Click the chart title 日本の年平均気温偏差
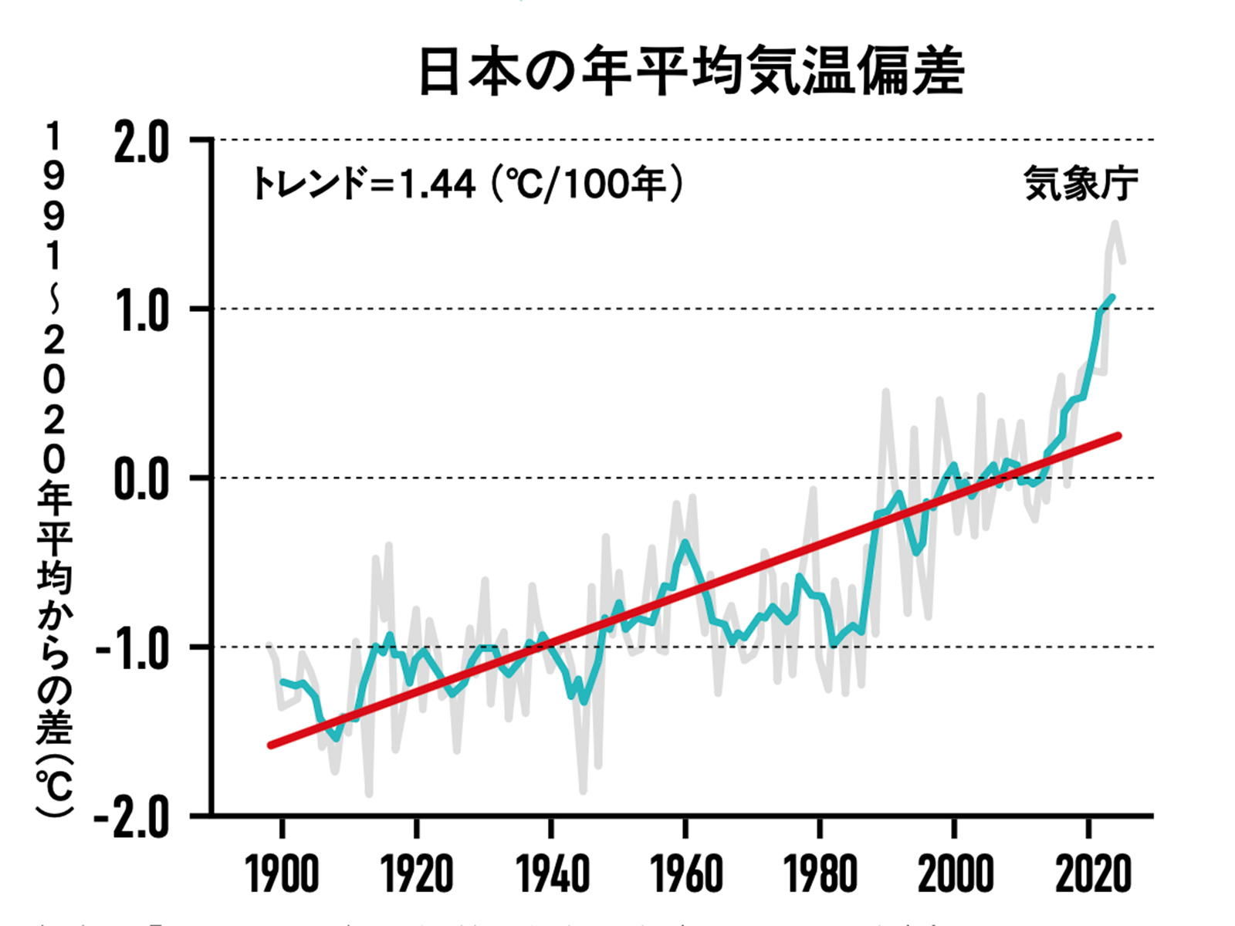(x=691, y=71)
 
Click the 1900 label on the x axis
(x=283, y=875)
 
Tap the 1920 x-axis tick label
(x=417, y=875)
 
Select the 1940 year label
(x=551, y=875)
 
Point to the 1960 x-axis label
(x=685, y=875)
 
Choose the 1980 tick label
(x=820, y=875)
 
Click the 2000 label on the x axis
(x=955, y=875)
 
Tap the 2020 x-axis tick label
(x=1091, y=875)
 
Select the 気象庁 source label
(x=1081, y=184)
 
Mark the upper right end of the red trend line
(x=1118, y=436)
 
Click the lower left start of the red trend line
(x=270, y=745)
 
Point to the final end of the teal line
(x=1112, y=296)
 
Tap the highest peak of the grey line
(x=1115, y=224)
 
